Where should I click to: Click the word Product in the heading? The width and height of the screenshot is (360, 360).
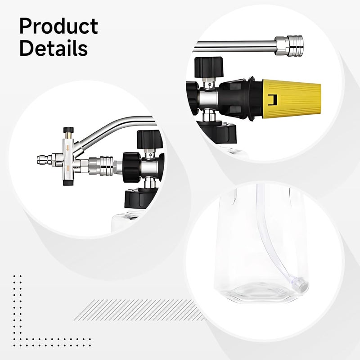click(59, 26)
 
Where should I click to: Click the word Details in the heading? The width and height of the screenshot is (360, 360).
click(54, 48)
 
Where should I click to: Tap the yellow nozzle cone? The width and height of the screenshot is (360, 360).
click(292, 99)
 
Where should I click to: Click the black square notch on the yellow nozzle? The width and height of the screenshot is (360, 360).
click(273, 99)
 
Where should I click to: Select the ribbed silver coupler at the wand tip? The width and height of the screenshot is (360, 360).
click(295, 46)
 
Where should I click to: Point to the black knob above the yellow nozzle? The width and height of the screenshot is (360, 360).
click(209, 67)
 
